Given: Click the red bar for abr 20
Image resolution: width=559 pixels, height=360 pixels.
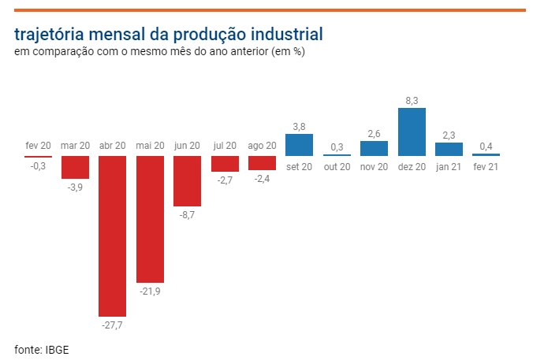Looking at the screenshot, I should pyautogui.click(x=112, y=236).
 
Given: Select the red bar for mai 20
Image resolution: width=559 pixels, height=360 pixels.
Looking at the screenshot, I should pyautogui.click(x=150, y=218).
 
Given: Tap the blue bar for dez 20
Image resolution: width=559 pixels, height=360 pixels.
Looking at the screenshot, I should pyautogui.click(x=412, y=132).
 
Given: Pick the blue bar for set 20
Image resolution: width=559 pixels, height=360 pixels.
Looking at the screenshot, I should pyautogui.click(x=299, y=145).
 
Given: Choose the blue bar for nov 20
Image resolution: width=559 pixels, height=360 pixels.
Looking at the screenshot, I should pyautogui.click(x=374, y=148).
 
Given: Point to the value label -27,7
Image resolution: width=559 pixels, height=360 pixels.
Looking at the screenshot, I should pyautogui.click(x=112, y=324).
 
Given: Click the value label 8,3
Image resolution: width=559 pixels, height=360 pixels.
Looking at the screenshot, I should pyautogui.click(x=412, y=100).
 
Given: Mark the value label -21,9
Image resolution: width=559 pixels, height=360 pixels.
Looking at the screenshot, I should pyautogui.click(x=150, y=291).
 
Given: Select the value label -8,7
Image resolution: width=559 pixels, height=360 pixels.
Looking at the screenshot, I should pyautogui.click(x=187, y=214).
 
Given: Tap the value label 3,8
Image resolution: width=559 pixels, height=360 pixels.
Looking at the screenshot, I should pyautogui.click(x=299, y=126).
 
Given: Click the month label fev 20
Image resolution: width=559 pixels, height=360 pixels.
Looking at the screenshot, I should pyautogui.click(x=38, y=146).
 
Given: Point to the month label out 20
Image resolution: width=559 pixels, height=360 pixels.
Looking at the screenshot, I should pyautogui.click(x=337, y=166).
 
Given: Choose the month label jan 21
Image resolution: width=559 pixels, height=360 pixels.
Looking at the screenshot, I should pyautogui.click(x=449, y=166).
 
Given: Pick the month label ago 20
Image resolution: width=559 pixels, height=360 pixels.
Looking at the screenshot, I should pyautogui.click(x=262, y=146).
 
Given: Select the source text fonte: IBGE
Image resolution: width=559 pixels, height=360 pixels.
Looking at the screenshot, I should pyautogui.click(x=42, y=348).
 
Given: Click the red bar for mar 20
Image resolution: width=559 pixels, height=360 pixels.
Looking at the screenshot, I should pyautogui.click(x=75, y=167).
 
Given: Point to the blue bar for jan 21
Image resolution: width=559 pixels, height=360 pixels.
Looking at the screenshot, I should pyautogui.click(x=449, y=149).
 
